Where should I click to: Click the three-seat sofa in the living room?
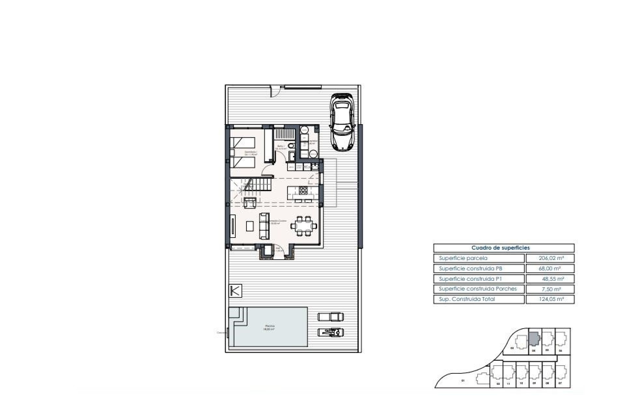click(264, 226)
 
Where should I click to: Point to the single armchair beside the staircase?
click(249, 202)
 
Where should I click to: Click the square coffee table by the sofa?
click(250, 226)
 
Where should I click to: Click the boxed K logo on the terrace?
click(235, 291)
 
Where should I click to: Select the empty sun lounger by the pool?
click(330, 316)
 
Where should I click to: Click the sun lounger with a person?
click(331, 332)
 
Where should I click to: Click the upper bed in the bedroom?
click(243, 142)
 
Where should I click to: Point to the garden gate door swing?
click(275, 92)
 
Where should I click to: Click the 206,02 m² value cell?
click(550, 258)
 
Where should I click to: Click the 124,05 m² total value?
click(550, 299)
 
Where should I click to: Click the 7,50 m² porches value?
click(550, 289)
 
